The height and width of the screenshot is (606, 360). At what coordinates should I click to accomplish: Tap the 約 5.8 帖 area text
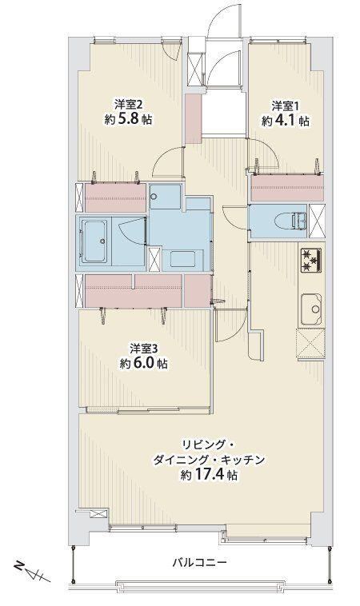point(128,119)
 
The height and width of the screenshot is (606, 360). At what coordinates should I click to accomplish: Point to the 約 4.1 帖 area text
point(286,121)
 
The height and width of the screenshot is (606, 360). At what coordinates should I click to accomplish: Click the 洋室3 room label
point(144,349)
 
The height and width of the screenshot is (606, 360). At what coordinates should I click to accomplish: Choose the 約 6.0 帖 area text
point(143,363)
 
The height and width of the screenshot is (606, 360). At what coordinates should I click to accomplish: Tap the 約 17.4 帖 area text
point(209,475)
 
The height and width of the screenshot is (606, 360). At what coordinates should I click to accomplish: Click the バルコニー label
point(199,562)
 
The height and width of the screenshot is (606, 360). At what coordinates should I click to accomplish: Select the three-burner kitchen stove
point(312,260)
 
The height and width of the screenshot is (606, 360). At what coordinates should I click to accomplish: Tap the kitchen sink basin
point(312,309)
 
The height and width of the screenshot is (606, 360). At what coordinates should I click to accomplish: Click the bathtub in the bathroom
point(95,241)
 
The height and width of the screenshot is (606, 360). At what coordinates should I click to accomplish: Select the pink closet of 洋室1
point(287,189)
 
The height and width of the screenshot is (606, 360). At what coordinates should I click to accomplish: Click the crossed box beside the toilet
point(317,221)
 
